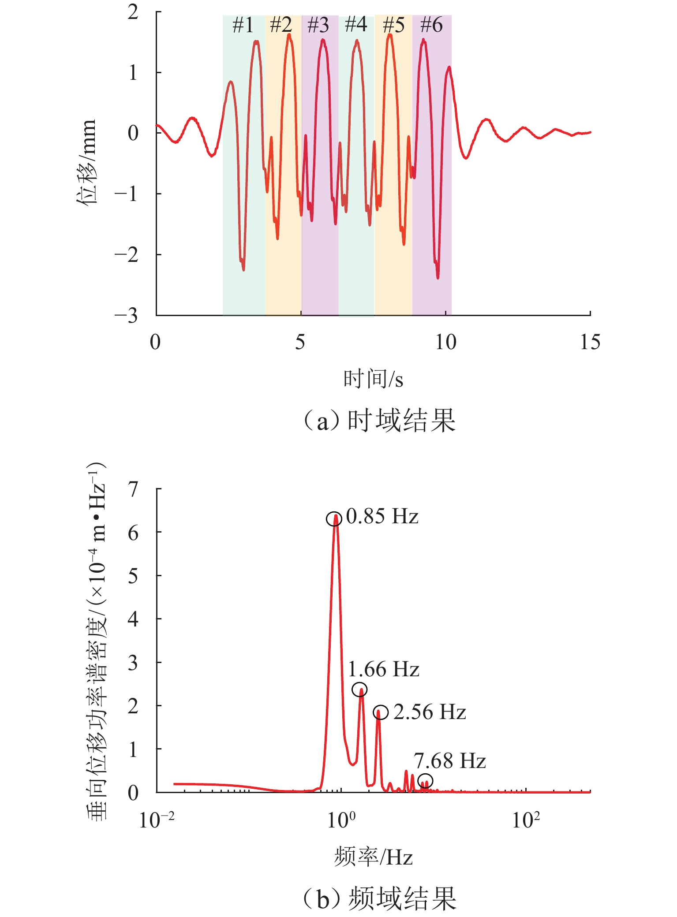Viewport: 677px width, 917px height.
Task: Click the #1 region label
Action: pyautogui.click(x=243, y=26)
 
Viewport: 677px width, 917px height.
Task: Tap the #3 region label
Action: pyautogui.click(x=318, y=26)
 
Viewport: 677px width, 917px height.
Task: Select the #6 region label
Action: pyautogui.click(x=431, y=25)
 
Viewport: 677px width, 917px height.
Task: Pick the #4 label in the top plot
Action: pyautogui.click(x=356, y=24)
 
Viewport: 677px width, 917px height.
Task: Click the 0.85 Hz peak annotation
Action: pyautogui.click(x=382, y=516)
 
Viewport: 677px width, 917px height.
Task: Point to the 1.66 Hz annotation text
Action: pyautogui.click(x=384, y=669)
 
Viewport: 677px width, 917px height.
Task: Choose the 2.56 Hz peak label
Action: pyautogui.click(x=430, y=712)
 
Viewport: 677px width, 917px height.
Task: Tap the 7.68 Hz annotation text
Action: pyautogui.click(x=450, y=761)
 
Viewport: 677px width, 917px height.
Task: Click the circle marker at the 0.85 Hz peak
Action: pyautogui.click(x=334, y=519)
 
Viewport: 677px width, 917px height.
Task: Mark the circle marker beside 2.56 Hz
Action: pyautogui.click(x=381, y=712)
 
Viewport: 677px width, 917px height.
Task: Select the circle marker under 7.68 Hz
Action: pyautogui.click(x=425, y=781)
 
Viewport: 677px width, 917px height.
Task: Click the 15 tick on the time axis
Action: pyautogui.click(x=590, y=342)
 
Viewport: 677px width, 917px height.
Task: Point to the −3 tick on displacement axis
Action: pyautogui.click(x=126, y=316)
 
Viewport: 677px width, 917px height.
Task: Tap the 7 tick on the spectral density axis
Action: pyautogui.click(x=133, y=489)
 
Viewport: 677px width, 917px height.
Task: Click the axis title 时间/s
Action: pyautogui.click(x=373, y=379)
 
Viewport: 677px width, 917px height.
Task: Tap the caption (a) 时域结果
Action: pyautogui.click(x=379, y=421)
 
